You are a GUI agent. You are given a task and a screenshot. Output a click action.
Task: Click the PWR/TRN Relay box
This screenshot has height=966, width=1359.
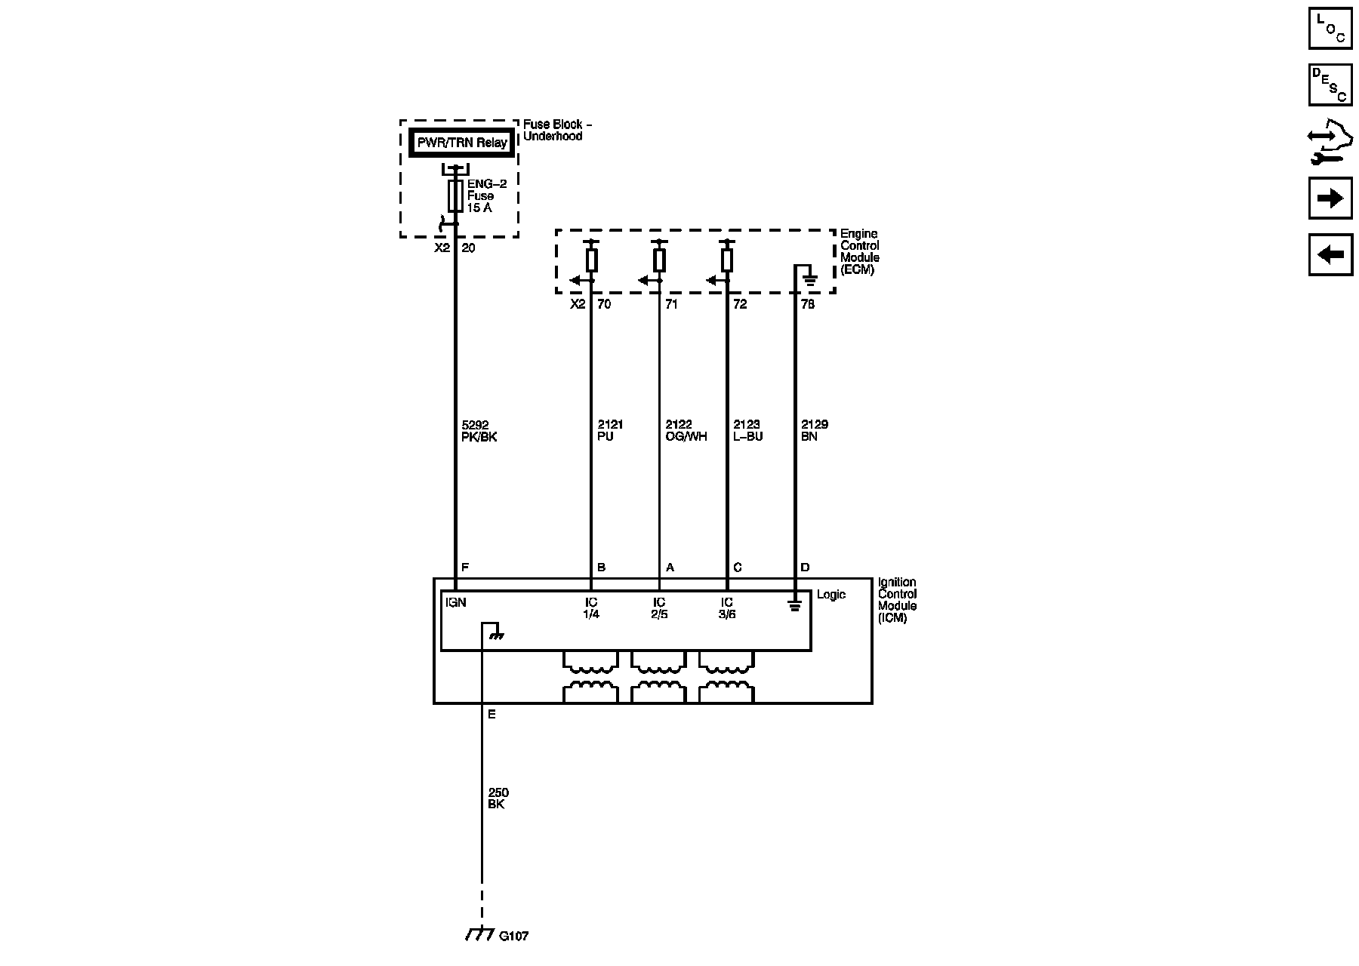click(x=462, y=143)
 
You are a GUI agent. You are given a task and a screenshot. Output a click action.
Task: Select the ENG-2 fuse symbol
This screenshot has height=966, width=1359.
click(x=455, y=195)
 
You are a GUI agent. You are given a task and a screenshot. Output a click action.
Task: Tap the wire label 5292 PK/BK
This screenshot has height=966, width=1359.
click(x=479, y=431)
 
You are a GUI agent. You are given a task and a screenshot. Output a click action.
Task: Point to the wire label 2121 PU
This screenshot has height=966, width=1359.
click(x=610, y=431)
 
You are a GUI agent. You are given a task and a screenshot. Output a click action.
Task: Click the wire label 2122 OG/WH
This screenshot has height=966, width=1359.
click(x=686, y=431)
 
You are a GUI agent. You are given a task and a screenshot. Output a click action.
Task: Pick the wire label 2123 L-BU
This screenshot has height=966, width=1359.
click(x=748, y=431)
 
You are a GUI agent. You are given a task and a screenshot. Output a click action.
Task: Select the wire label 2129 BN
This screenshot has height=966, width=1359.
click(x=815, y=431)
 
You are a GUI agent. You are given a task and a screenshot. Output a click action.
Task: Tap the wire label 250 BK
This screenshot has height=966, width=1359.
click(x=498, y=798)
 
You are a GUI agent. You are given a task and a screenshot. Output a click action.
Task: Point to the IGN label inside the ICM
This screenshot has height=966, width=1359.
click(x=456, y=602)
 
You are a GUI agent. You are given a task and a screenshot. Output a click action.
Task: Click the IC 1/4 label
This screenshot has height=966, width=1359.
click(x=591, y=608)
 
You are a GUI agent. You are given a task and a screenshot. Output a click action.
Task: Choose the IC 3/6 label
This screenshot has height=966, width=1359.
click(x=727, y=608)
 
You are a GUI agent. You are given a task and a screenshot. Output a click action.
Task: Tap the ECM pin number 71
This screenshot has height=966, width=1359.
click(x=671, y=305)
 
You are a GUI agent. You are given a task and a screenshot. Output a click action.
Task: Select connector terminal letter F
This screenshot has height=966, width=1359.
click(x=465, y=568)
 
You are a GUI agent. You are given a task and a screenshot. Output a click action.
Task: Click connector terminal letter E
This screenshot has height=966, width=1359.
click(x=492, y=714)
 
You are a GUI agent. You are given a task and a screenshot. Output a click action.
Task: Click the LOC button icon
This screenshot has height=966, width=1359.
click(x=1330, y=28)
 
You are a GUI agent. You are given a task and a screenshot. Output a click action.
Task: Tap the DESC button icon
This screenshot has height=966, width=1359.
click(x=1330, y=85)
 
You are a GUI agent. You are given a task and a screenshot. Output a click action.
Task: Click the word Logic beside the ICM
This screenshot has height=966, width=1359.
click(x=831, y=595)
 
